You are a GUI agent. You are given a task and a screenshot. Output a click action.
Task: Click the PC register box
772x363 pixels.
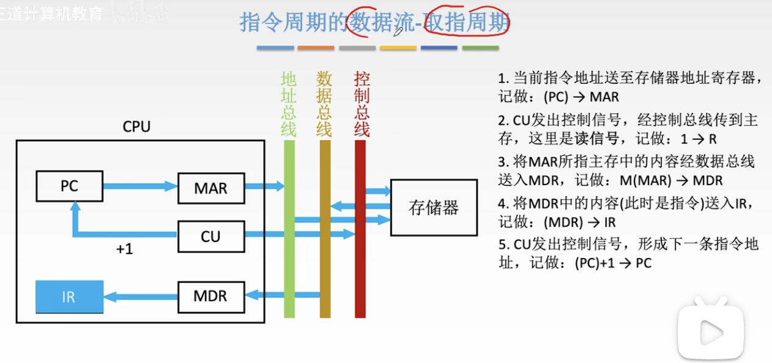(x=69, y=186)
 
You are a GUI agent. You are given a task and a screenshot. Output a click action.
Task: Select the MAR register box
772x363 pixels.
(x=210, y=188)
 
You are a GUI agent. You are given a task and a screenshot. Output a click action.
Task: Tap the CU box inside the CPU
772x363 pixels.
(x=210, y=237)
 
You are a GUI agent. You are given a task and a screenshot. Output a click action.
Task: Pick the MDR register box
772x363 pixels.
(x=210, y=296)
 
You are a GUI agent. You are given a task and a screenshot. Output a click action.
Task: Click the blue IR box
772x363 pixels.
(x=69, y=297)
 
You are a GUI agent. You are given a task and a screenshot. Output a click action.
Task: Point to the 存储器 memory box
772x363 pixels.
(x=434, y=207)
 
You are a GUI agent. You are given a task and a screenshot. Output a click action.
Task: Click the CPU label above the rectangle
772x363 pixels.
(x=136, y=127)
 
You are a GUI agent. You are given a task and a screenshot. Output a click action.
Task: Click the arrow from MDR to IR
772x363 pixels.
(x=140, y=297)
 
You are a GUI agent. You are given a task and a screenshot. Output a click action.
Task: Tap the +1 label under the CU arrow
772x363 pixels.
(x=124, y=249)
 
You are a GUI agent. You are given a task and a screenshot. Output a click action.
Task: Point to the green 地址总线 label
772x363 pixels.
(x=289, y=104)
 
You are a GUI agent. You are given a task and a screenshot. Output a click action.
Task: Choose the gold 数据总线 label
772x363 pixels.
(x=324, y=104)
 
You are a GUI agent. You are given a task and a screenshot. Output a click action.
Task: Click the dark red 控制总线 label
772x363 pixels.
(x=362, y=104)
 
